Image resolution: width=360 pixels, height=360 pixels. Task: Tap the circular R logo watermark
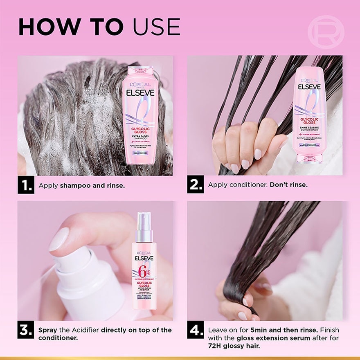326,32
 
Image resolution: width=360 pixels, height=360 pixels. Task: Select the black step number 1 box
25,185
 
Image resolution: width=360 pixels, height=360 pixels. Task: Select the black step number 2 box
195,185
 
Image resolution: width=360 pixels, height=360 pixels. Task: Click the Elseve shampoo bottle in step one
139,115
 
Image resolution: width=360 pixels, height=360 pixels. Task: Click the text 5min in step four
261,330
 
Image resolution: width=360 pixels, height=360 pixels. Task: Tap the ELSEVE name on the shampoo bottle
139,92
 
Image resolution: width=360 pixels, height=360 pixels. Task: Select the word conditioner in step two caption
248,185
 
